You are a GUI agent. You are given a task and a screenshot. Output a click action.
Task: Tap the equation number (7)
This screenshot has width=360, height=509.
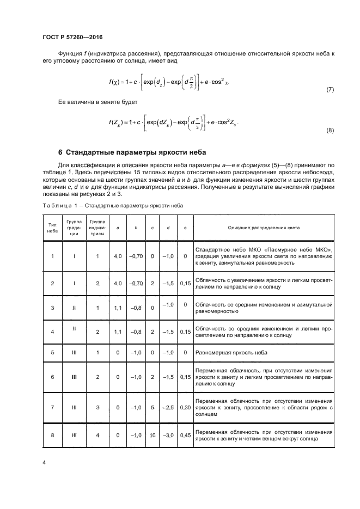(x=329, y=89)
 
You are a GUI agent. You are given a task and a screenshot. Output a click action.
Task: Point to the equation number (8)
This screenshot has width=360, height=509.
(x=329, y=131)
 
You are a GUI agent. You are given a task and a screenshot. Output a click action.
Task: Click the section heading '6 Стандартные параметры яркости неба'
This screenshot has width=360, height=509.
(x=132, y=151)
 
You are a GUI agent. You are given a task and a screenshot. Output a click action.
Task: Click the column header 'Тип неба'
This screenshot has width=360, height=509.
(x=53, y=228)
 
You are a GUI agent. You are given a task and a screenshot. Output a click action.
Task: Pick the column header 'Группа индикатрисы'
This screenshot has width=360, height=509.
(x=97, y=228)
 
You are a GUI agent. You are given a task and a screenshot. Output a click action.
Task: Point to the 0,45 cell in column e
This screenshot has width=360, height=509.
(x=185, y=436)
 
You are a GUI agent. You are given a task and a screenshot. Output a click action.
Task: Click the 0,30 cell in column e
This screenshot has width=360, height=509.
(x=185, y=407)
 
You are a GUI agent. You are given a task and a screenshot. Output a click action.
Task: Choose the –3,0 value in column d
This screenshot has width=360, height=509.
(x=169, y=436)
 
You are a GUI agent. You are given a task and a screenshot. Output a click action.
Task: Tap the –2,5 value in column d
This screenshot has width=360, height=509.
(x=169, y=407)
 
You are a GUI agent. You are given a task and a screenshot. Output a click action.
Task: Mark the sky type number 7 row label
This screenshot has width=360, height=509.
(x=53, y=407)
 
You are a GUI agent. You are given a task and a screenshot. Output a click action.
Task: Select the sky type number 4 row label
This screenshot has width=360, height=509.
(x=53, y=332)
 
